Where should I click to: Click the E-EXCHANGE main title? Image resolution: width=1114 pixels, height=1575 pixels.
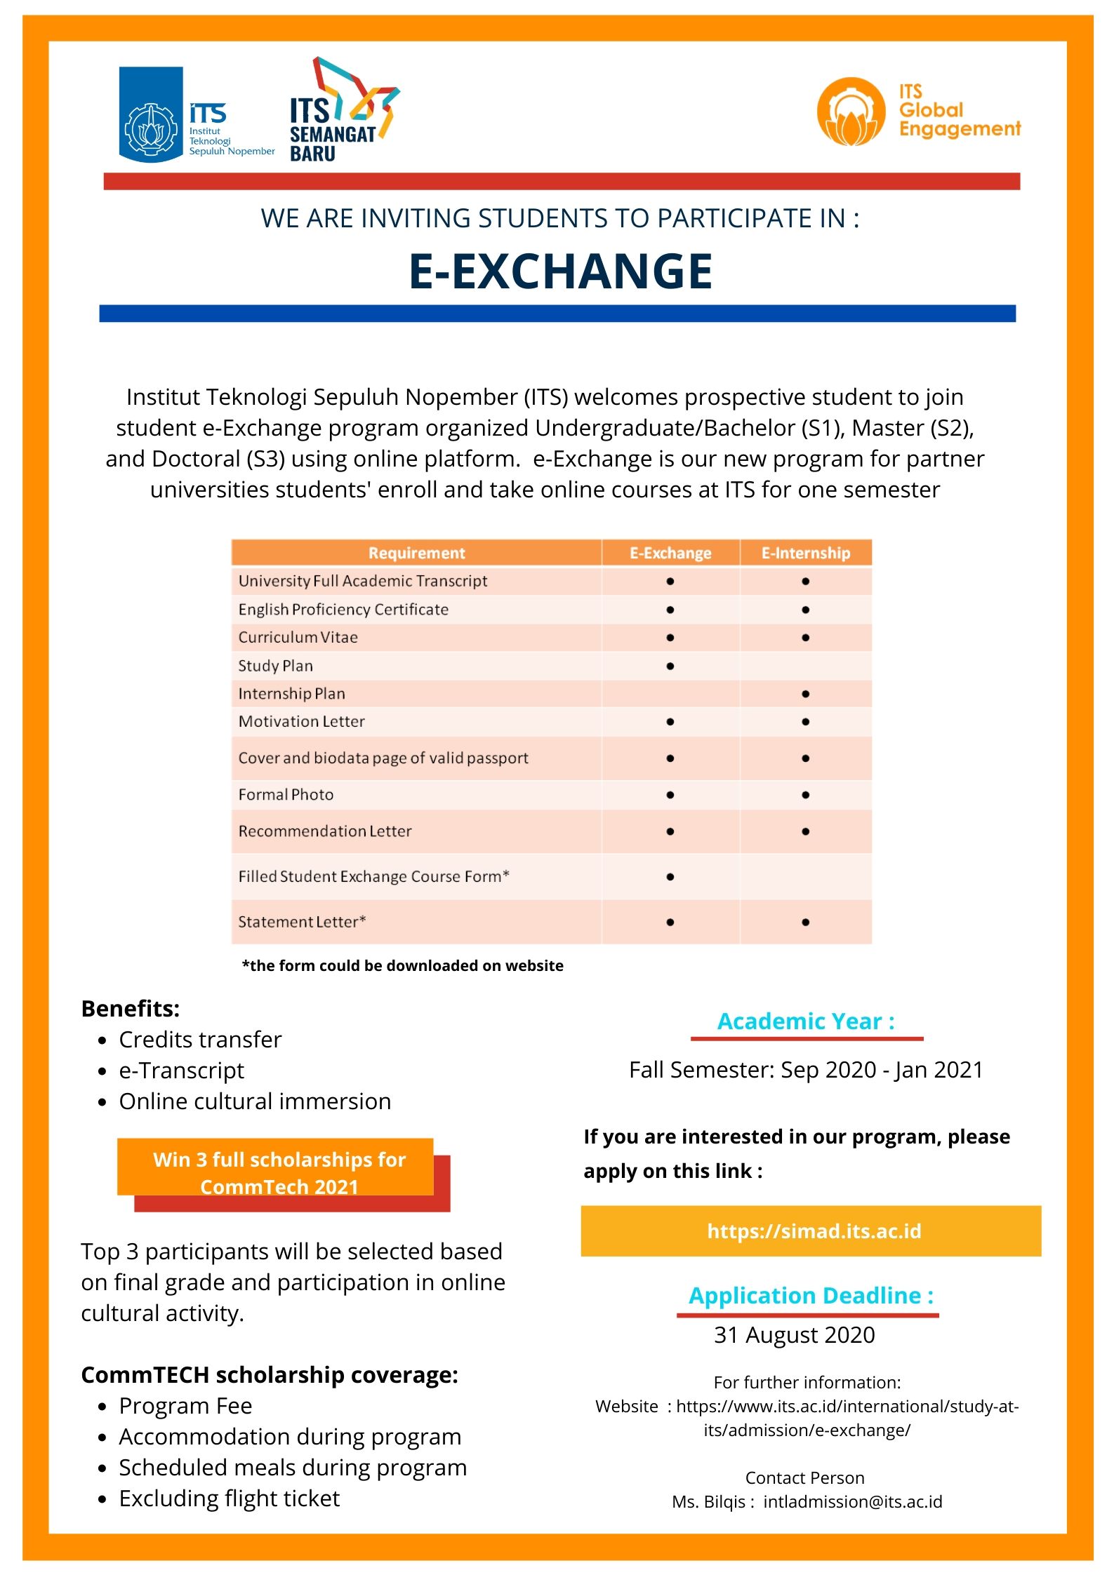(x=560, y=272)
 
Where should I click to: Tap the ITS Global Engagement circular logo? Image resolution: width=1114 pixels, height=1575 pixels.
(x=851, y=112)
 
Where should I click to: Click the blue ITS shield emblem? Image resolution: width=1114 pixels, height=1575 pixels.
(x=151, y=114)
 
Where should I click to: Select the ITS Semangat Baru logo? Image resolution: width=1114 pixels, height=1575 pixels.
(x=344, y=110)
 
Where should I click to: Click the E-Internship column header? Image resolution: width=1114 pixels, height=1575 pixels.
(x=805, y=553)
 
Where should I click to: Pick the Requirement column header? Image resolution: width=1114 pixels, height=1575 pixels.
(x=416, y=553)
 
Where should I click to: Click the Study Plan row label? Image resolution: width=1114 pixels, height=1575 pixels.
(x=276, y=666)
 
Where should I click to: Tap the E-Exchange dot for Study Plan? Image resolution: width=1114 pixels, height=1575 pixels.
(x=670, y=666)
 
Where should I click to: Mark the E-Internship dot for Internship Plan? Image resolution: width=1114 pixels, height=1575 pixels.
(x=805, y=694)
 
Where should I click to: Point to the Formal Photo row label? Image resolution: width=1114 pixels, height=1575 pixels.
(x=286, y=795)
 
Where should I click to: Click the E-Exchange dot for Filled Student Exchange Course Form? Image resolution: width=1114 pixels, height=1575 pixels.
(x=670, y=876)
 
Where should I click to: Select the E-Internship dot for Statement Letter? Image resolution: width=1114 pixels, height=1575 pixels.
(x=805, y=922)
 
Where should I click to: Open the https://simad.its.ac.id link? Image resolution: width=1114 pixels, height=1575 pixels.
(x=814, y=1231)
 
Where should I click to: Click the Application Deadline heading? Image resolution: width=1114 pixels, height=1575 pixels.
(x=811, y=1295)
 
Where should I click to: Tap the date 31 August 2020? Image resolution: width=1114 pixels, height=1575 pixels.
(x=795, y=1334)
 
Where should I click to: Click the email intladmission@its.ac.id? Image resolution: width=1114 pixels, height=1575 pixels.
(x=852, y=1501)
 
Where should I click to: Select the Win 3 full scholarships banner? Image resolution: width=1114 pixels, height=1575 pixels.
(x=279, y=1172)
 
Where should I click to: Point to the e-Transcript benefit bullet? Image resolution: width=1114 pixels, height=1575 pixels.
(x=181, y=1071)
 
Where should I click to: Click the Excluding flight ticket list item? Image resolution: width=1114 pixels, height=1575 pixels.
(x=229, y=1499)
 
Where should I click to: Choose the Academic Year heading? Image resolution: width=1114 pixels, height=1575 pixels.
(x=806, y=1021)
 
